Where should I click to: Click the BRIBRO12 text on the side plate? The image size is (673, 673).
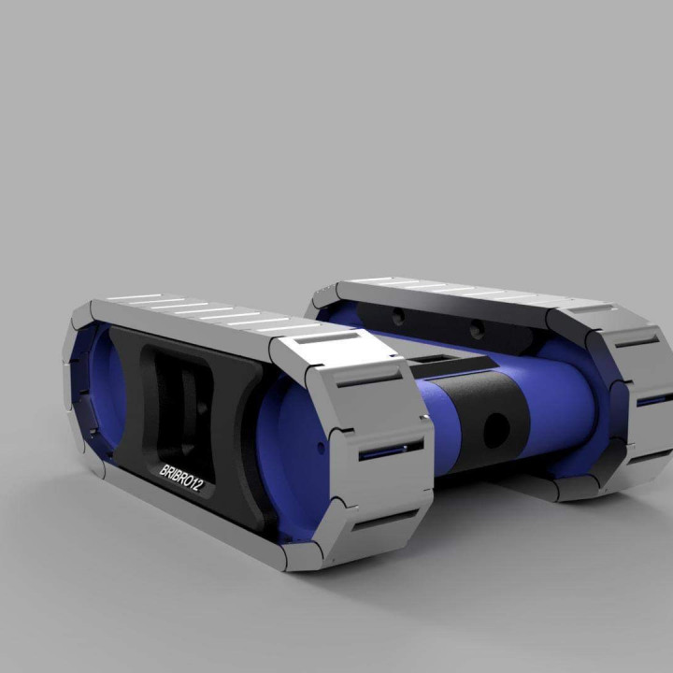(188, 478)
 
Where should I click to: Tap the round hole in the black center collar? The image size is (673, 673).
(495, 429)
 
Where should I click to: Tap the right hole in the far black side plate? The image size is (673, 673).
(477, 330)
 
